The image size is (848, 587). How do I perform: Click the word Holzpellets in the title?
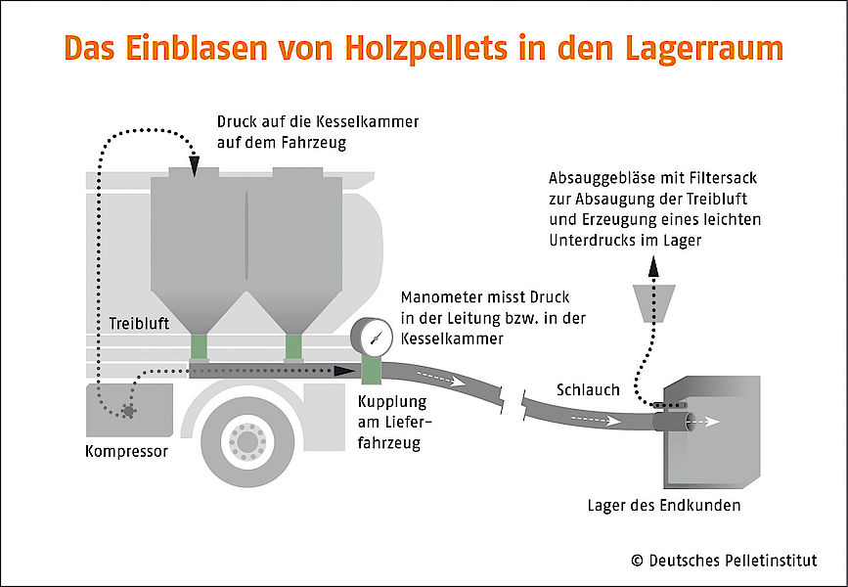426,48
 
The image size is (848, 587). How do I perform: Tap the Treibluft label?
139,324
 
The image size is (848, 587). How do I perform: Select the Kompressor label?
126,451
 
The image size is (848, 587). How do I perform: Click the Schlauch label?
588,389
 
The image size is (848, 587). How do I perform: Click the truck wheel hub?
247,442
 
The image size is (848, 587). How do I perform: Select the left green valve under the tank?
199,347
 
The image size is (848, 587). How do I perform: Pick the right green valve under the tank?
293,347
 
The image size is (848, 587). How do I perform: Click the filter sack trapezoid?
653,303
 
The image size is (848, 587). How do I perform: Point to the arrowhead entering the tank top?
195,166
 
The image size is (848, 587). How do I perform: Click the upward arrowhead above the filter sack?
653,266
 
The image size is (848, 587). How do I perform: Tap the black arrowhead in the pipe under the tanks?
345,371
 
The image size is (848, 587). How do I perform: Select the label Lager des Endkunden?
664,505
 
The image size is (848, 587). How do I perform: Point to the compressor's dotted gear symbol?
127,411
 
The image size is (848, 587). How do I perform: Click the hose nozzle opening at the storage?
690,422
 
